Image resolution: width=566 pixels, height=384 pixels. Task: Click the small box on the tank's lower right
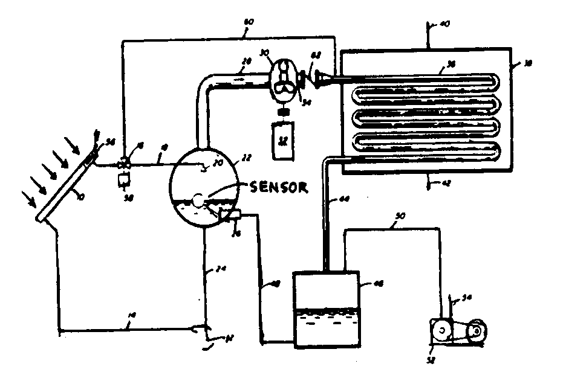pos(231,214)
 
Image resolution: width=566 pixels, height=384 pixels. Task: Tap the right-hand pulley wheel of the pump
pos(478,331)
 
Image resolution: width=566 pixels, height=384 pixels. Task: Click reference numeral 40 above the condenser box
pos(443,25)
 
